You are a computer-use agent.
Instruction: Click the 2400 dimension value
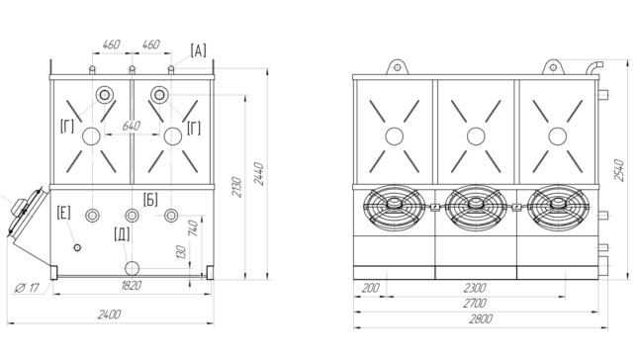point(109,315)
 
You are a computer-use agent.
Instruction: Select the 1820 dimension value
point(132,286)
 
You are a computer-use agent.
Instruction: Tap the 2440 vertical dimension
point(259,174)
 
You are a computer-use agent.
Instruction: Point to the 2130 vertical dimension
point(236,187)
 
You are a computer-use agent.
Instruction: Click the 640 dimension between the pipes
point(132,126)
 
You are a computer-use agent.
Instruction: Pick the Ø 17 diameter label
point(28,288)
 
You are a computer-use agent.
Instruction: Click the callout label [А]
point(198,50)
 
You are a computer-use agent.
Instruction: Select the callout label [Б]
point(150,200)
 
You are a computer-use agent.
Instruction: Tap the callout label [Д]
point(122,234)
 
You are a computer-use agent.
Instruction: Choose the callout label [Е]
point(63,213)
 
